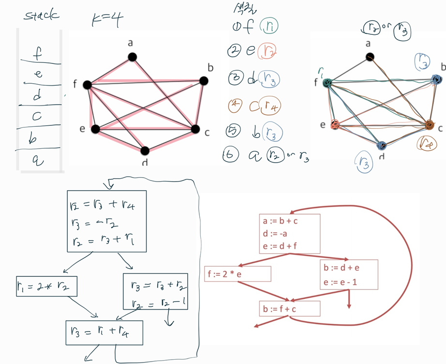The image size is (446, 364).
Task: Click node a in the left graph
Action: click(132, 57)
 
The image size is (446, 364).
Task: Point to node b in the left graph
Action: click(203, 81)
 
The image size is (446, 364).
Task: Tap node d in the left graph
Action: click(146, 151)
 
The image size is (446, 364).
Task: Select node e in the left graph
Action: click(95, 129)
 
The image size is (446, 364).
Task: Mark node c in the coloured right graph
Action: click(429, 125)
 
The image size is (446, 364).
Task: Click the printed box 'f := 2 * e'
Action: click(237, 273)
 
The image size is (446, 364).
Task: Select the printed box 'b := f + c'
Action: click(290, 308)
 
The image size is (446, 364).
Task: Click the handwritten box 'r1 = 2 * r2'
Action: click(47, 288)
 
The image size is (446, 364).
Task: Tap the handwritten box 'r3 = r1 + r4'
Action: click(104, 333)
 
